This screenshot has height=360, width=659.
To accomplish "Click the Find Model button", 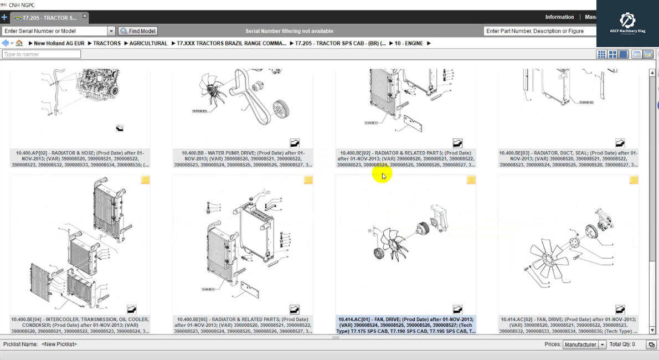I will [x=138, y=31].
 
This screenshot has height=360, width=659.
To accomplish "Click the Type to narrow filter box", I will [x=42, y=54].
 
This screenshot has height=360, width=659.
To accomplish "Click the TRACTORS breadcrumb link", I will [x=106, y=43].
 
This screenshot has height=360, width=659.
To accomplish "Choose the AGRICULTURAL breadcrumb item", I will [x=148, y=43].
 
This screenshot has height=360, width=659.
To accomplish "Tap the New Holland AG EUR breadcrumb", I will [x=59, y=43].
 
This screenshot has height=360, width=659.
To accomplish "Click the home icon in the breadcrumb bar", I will [x=19, y=43].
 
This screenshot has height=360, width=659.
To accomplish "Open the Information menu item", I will [x=559, y=17].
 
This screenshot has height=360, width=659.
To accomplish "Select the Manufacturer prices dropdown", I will [x=584, y=344].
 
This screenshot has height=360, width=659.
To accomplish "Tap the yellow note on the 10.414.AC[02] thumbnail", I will [x=634, y=180].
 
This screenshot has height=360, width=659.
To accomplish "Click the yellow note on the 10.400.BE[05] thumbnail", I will [x=308, y=180].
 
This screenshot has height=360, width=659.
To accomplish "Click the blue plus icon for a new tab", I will [x=4, y=18].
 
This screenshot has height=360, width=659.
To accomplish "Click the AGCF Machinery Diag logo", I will [x=627, y=23].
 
